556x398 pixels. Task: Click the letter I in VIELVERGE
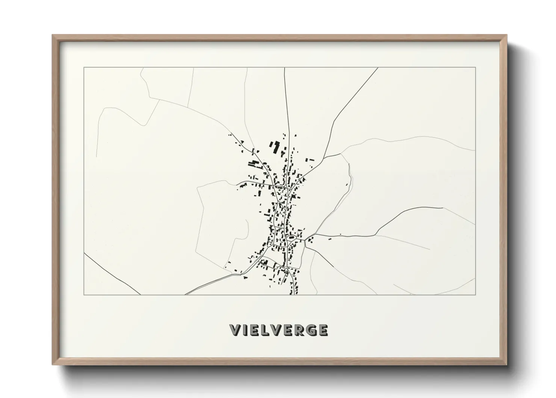coord(244,330)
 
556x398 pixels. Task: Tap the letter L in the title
coord(265,330)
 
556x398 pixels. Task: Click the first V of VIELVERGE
coord(236,330)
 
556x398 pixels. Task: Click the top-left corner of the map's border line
coord(84,68)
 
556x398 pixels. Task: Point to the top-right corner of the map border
coord(475,68)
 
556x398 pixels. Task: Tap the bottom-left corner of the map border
coord(84,295)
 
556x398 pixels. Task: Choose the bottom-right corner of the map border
coord(475,295)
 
